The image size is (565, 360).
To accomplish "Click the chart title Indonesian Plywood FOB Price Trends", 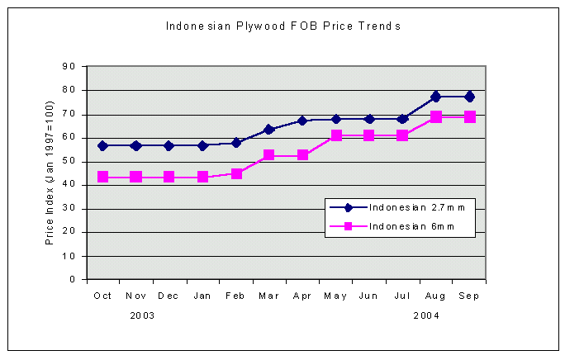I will click(282, 26).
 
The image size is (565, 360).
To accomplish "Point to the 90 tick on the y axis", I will click(69, 67).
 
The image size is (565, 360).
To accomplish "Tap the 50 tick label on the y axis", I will click(69, 162).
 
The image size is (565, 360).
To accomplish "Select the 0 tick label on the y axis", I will click(73, 280).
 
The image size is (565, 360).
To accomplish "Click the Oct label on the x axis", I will click(102, 295).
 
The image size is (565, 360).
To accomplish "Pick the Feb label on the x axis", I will click(235, 295).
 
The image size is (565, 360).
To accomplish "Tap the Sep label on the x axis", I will click(469, 295).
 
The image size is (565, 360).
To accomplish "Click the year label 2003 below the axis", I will click(142, 315).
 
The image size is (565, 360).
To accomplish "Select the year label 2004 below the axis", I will click(426, 315).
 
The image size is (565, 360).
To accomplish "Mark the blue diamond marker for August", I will click(436, 97).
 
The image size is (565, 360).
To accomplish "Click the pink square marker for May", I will click(336, 135).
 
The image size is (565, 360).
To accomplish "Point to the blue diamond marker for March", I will click(269, 130).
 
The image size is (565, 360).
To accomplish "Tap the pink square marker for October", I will click(102, 177).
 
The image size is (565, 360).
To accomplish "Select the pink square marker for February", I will click(236, 173).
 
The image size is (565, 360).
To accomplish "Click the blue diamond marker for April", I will click(303, 121).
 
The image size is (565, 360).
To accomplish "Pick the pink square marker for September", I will click(469, 117).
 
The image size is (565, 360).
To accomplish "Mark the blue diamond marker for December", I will click(169, 145).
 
